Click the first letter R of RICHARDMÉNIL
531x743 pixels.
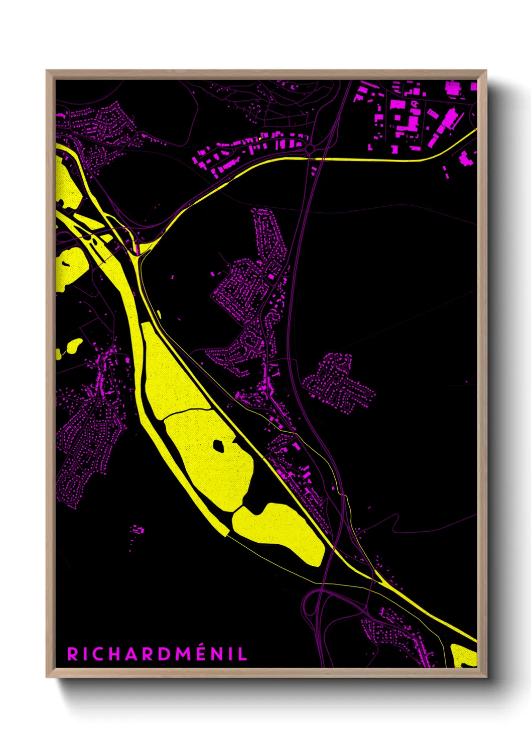tap(72, 654)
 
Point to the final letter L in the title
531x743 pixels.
tap(243, 654)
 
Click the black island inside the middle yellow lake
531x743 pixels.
tap(219, 445)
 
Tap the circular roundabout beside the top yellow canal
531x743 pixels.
tap(310, 149)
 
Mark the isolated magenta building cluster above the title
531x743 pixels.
tap(137, 530)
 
